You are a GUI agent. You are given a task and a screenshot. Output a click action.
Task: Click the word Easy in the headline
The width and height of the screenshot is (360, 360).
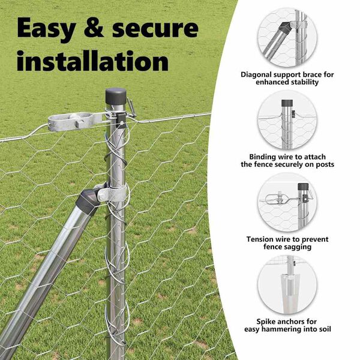(x=46, y=29)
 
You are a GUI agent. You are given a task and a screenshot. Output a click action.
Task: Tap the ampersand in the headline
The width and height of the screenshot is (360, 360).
(x=94, y=28)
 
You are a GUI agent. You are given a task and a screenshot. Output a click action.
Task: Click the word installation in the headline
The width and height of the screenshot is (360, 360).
(x=92, y=61)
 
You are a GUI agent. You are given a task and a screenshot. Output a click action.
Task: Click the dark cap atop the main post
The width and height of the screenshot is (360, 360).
(x=116, y=96)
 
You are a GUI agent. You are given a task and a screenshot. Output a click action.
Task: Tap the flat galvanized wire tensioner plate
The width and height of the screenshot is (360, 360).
(x=76, y=121)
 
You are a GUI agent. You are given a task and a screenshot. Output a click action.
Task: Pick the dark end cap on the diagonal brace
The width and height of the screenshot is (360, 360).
(x=88, y=202)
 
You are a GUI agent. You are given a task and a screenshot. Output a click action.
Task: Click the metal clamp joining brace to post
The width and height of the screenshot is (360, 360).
(x=112, y=193)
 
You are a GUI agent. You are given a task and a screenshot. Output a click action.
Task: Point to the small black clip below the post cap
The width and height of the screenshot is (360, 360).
(x=121, y=119)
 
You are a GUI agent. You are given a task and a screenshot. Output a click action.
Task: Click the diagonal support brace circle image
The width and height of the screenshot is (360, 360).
(x=287, y=37)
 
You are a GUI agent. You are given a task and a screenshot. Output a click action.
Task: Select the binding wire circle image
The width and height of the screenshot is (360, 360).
(x=287, y=120)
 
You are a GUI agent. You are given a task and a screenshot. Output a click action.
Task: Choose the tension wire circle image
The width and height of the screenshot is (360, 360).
(x=287, y=202)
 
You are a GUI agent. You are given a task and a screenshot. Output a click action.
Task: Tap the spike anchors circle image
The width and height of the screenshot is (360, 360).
(x=287, y=284)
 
